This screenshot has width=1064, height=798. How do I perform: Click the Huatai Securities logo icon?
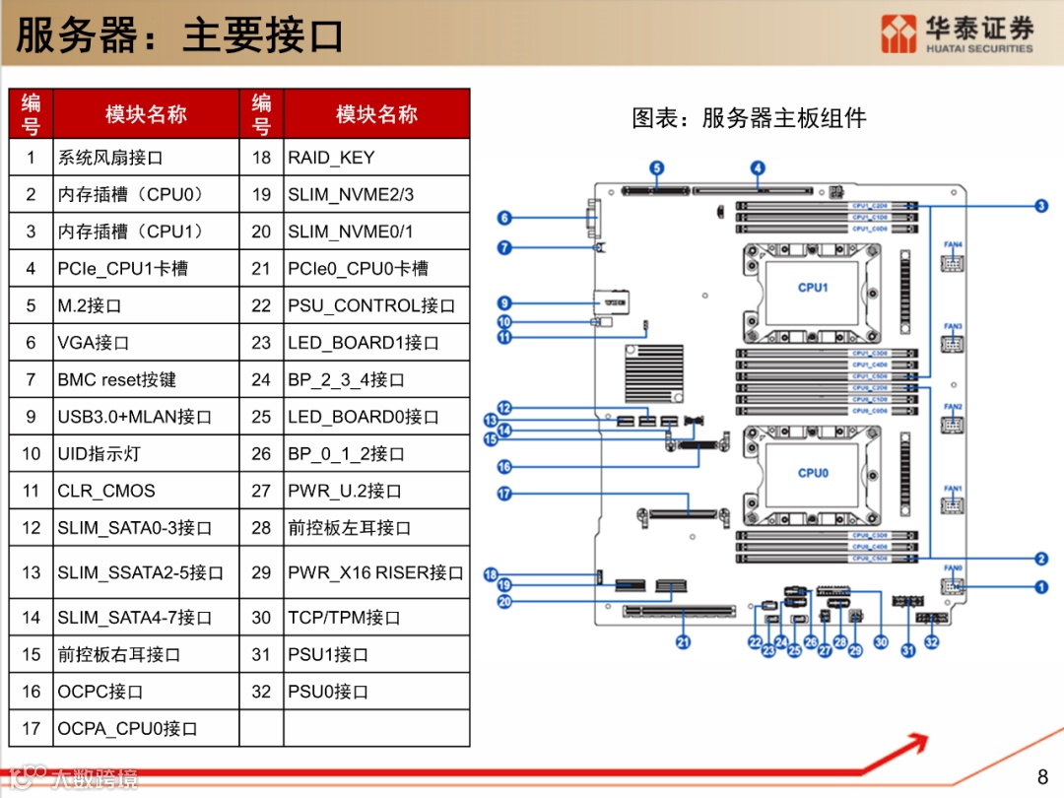tap(898, 34)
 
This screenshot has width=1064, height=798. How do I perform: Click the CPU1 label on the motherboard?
tap(813, 288)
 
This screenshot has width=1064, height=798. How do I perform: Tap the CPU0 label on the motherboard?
tap(813, 473)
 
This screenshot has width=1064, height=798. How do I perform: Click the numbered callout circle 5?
tap(657, 168)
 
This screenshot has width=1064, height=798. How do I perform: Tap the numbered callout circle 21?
tap(683, 642)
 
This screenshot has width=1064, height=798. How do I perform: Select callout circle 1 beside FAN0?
tap(1041, 587)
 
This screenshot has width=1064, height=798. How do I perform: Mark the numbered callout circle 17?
tap(504, 494)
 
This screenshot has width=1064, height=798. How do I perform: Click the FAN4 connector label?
tap(953, 244)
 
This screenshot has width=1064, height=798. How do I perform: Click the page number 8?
tap(1043, 774)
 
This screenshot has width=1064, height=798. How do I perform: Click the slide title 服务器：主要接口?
tap(180, 35)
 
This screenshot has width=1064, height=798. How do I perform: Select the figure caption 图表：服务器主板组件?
tap(749, 118)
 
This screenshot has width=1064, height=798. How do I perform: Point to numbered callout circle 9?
tap(504, 303)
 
